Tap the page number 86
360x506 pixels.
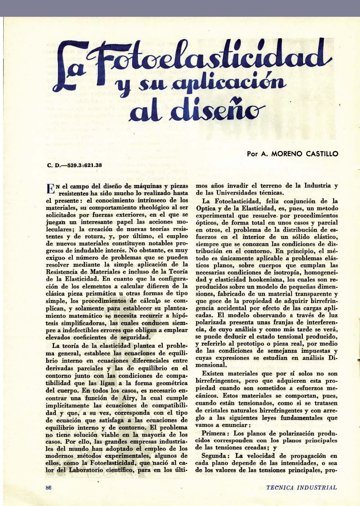click(x=48, y=488)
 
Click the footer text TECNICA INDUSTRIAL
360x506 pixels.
click(x=302, y=487)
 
